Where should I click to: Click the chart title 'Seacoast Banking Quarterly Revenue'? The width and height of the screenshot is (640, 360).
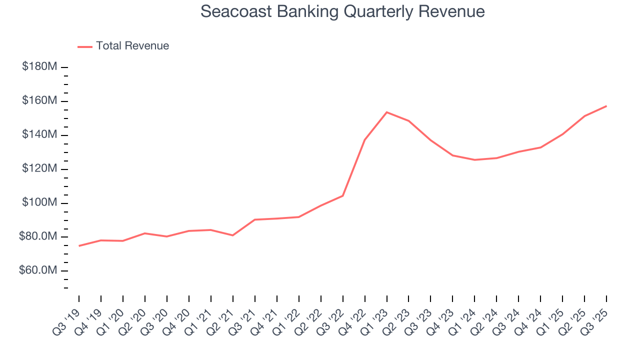[342, 11]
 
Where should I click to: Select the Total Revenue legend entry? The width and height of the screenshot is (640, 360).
[123, 46]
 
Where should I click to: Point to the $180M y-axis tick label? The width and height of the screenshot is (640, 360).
[39, 67]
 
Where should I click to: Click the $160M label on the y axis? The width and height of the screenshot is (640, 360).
[39, 101]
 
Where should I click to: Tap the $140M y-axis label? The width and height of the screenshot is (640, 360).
[39, 135]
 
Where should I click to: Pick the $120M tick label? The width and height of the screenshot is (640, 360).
[39, 169]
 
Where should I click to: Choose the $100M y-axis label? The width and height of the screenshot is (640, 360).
[39, 203]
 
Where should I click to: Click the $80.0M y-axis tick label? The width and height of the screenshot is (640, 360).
[38, 237]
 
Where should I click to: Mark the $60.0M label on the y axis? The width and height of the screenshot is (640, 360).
[38, 271]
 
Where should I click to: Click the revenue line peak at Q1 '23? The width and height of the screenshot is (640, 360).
[386, 112]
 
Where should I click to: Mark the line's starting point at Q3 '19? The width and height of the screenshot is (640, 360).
[79, 245]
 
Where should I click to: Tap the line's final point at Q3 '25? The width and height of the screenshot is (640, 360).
[606, 106]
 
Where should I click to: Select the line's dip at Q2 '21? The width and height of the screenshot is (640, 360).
[233, 235]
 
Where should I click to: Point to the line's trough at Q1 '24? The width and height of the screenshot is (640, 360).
[474, 160]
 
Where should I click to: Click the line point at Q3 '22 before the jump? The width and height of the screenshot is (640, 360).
[342, 195]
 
